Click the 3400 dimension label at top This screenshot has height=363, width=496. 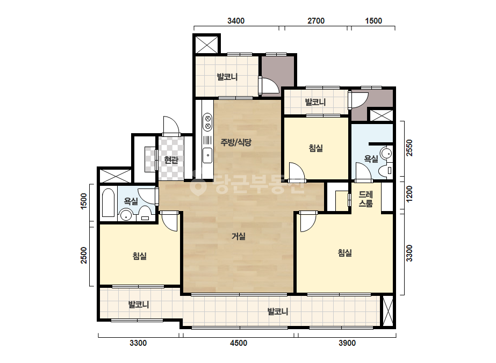pos(236,21)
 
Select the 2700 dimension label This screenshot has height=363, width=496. pos(316,21)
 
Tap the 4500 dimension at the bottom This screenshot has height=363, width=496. pos(239,343)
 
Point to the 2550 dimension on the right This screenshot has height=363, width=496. pos(409,148)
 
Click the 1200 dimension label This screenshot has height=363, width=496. pos(409,194)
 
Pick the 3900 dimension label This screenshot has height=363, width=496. pos(347,343)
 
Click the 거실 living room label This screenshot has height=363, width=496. pos(239,236)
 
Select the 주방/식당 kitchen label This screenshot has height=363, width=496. pos(236,142)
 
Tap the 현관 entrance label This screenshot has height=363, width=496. pos(171,159)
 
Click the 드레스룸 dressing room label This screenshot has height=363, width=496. pos(365,199)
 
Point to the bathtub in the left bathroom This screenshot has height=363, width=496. pos(108,202)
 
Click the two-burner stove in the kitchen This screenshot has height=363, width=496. pos(208,122)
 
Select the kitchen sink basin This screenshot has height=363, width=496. pos(207,155)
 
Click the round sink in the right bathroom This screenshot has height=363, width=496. pos(386,154)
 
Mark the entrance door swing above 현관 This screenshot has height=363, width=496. pos(171,126)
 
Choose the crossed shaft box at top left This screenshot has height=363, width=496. pos(207,45)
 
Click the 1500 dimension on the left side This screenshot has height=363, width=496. pos(83,201)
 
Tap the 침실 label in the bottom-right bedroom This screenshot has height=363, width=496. pos(345,252)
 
